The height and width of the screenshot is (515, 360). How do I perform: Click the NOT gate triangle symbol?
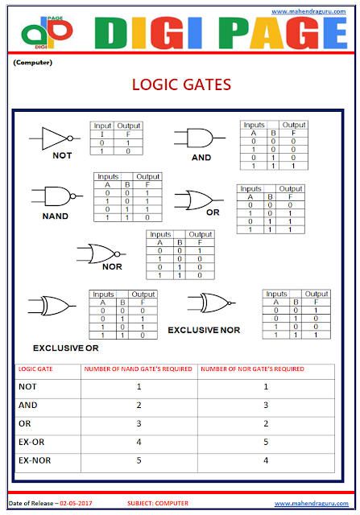click(56, 138)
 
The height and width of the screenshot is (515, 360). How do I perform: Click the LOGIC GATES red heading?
click(180, 84)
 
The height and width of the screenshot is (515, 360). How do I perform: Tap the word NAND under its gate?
click(55, 216)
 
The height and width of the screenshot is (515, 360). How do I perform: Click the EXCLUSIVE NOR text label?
click(204, 330)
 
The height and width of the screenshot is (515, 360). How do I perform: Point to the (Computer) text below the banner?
click(32, 63)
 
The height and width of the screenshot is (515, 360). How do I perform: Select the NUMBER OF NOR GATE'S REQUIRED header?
click(252, 369)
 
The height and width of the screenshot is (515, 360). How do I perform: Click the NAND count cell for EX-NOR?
click(139, 460)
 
